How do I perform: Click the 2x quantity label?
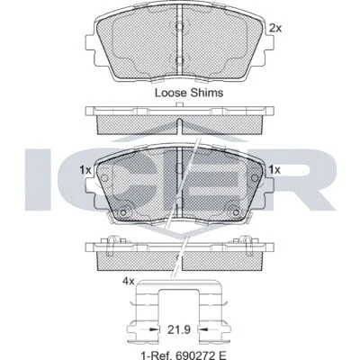coord(275,28)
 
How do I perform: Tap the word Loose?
coord(171,93)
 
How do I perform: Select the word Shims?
coord(207,93)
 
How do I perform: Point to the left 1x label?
coord(85,170)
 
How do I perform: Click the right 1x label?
coord(274,170)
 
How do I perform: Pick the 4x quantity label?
coord(128,281)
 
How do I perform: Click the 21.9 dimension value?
coord(179,330)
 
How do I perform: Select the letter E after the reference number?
coord(222,355)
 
